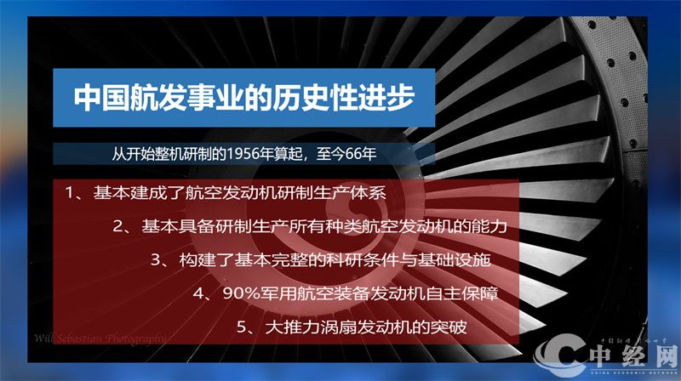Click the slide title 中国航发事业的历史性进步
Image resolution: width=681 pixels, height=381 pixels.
coord(244,96)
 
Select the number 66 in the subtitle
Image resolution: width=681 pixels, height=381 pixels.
coord(360,154)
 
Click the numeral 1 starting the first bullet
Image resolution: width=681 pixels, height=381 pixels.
coord(71,193)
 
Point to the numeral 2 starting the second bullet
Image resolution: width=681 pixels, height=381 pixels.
coord(119,226)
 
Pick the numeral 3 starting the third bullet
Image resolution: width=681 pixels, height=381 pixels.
coord(157,259)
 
